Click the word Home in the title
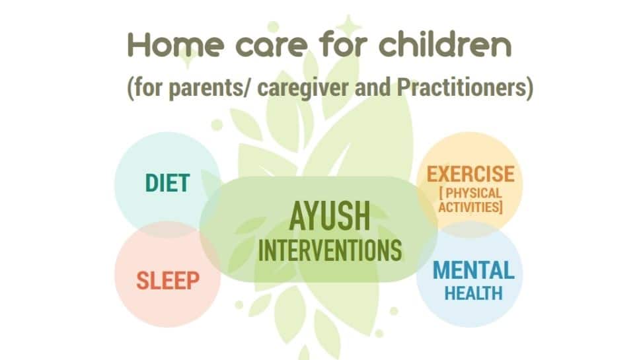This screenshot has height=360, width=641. (x=176, y=44)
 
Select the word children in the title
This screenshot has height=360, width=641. (x=445, y=44)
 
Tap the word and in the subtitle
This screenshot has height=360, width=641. (x=372, y=87)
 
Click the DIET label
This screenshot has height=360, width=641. (x=168, y=183)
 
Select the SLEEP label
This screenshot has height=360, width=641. (x=168, y=280)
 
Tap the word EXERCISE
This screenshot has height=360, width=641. (x=471, y=174)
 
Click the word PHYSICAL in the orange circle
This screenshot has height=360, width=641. (x=473, y=193)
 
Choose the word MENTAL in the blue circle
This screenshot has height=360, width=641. (x=474, y=270)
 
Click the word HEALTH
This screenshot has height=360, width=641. (x=473, y=293)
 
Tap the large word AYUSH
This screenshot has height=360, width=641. (x=330, y=216)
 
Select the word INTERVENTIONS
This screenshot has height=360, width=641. (x=330, y=250)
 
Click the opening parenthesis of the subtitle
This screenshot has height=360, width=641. (x=130, y=88)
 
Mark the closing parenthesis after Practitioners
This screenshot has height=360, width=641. (x=530, y=88)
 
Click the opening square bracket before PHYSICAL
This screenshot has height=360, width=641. (x=441, y=193)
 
